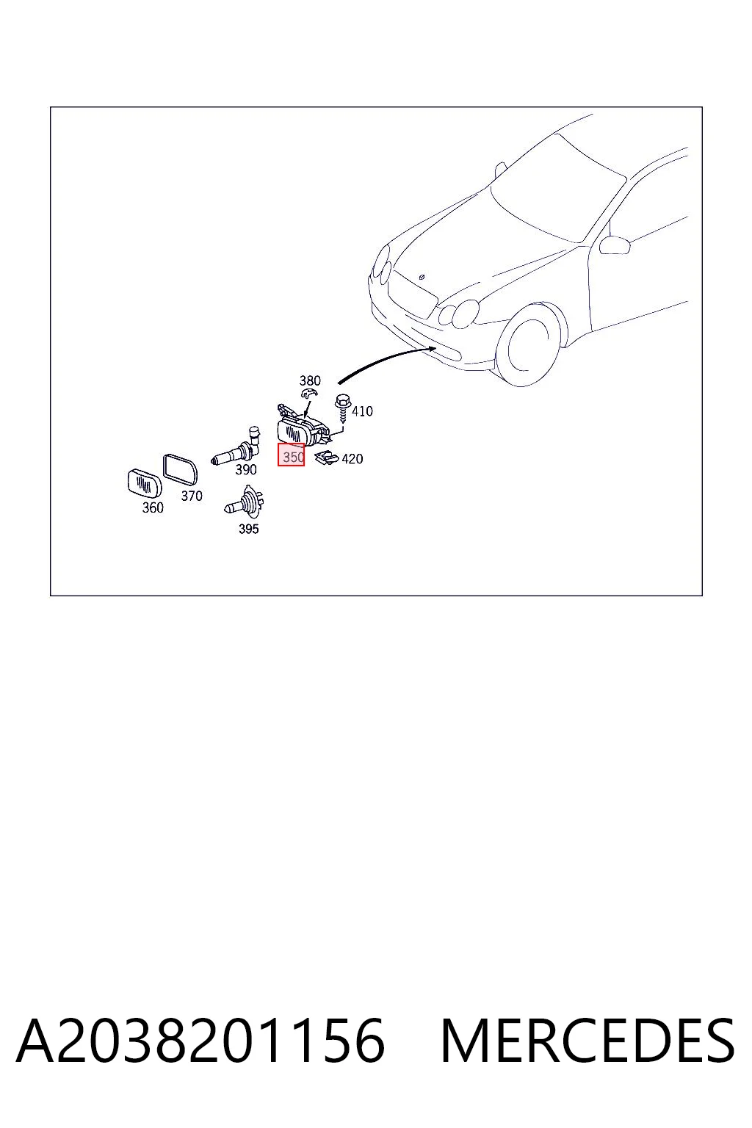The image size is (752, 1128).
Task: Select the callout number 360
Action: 153,507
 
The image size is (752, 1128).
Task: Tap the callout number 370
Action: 192,496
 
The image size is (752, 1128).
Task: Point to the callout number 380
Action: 310,380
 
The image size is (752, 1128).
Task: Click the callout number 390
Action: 246,469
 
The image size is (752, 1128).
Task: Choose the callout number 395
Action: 248,529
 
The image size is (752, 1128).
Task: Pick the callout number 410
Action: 362,411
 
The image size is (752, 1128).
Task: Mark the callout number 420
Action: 352,459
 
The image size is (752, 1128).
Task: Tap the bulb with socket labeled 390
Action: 236,448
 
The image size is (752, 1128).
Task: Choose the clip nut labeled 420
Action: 326,458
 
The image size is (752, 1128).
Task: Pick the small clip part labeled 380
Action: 308,394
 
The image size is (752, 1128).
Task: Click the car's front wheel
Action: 529,346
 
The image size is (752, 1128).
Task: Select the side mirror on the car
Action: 615,245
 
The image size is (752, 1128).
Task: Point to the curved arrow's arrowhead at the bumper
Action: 431,347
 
